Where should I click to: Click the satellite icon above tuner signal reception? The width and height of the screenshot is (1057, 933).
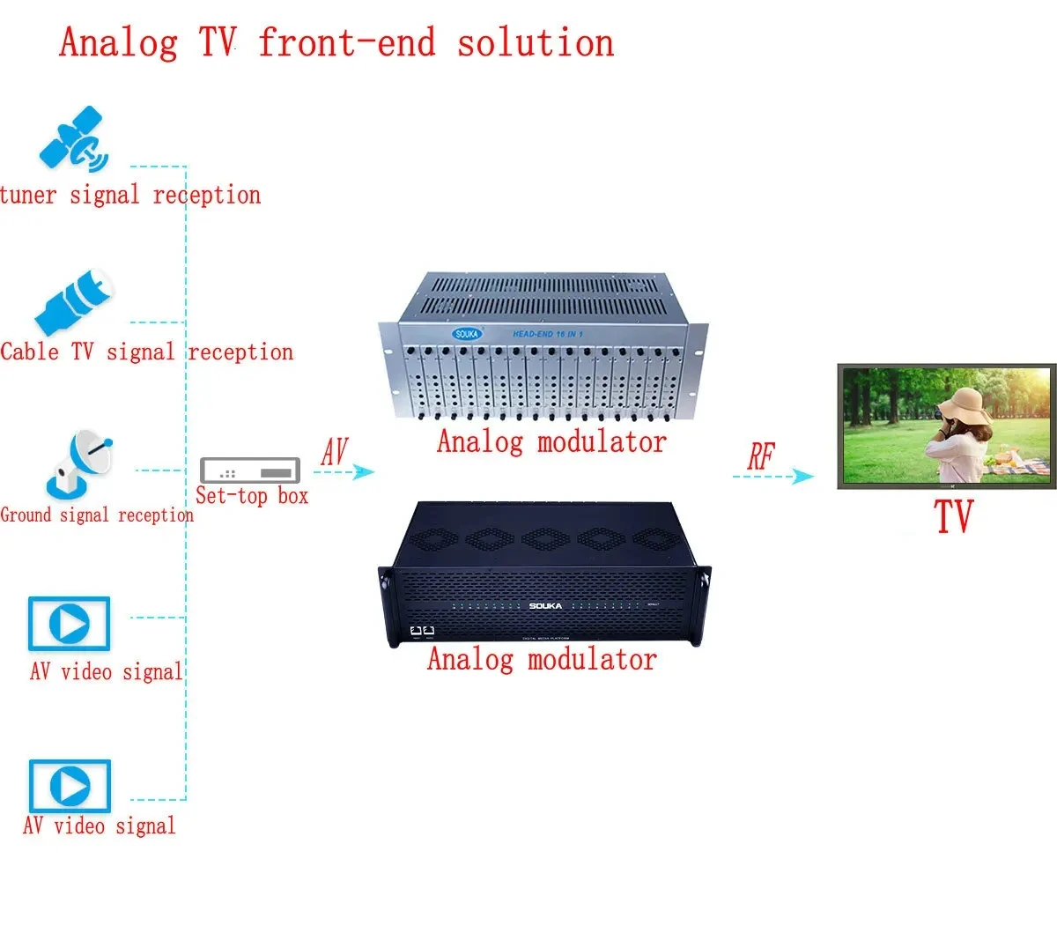(73, 139)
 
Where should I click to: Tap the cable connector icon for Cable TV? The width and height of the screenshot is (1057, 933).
(75, 302)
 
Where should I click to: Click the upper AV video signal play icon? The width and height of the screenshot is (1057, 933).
(69, 624)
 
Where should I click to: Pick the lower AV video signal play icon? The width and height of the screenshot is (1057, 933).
(70, 786)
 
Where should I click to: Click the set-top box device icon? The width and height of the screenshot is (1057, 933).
(250, 470)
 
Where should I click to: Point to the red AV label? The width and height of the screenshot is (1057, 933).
(334, 451)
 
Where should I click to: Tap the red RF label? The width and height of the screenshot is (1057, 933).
(761, 456)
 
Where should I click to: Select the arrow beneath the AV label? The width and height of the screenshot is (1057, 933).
(344, 472)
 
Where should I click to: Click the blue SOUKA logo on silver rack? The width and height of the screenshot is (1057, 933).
(467, 334)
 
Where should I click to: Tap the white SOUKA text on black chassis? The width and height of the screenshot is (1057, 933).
(545, 606)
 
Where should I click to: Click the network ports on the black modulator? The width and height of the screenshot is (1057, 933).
(423, 631)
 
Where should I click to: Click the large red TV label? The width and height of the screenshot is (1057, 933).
(953, 516)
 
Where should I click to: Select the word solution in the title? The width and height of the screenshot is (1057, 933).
(535, 42)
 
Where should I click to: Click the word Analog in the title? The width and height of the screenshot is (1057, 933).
(119, 42)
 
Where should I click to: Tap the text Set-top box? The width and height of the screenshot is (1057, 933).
(252, 496)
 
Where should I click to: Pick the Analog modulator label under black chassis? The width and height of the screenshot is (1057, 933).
(542, 659)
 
